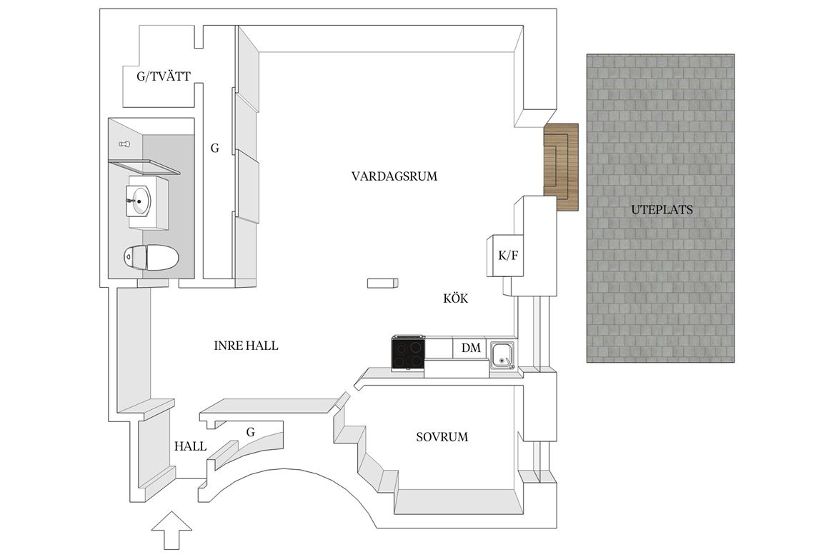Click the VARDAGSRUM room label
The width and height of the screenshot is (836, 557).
tap(394, 176)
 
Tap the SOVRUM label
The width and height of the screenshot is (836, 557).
tap(442, 437)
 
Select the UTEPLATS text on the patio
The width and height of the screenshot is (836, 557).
tap(662, 209)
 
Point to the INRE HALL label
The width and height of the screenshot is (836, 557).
tap(246, 346)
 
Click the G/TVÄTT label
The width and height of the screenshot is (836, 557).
tap(163, 76)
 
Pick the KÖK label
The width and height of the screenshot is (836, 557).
tap(456, 298)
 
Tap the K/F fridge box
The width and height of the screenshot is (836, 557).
tap(505, 256)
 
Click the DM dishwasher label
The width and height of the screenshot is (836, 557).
tap(471, 348)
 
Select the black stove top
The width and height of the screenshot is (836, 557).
tap(408, 353)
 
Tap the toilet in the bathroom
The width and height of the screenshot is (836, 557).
tap(151, 258)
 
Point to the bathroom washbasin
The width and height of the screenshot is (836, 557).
tap(139, 201)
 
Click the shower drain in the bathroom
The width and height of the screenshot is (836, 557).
tap(125, 144)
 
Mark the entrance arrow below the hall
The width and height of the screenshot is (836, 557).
tap(171, 531)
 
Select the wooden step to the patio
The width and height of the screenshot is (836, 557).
tap(562, 166)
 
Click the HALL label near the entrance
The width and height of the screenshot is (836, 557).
tap(190, 446)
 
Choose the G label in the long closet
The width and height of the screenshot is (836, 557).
tap(215, 149)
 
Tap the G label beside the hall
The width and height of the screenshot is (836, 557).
tap(250, 432)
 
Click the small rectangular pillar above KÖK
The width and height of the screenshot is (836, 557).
tap(382, 283)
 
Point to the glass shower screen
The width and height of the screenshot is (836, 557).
tap(144, 166)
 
